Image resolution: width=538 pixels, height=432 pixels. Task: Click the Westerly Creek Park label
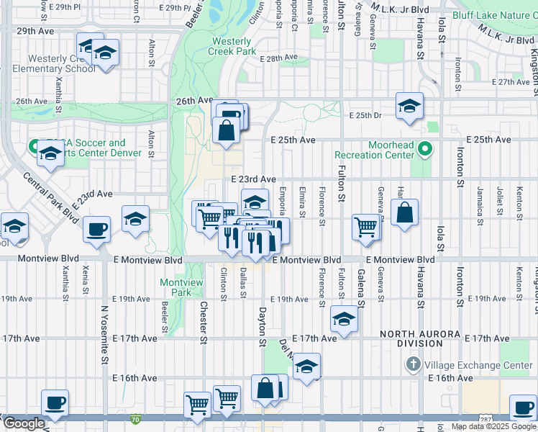coord(232,47)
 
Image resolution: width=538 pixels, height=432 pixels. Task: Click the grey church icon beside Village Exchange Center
coord(413,364)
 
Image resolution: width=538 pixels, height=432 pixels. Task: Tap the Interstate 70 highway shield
coord(136,418)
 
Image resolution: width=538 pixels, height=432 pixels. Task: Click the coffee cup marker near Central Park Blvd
coord(96,230)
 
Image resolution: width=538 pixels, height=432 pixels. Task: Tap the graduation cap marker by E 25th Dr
coord(409,106)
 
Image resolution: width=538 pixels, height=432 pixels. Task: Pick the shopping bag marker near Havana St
coord(405,212)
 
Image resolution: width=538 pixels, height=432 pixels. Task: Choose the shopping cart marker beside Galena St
coord(366,227)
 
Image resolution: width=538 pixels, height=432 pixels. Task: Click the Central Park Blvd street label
coord(50,197)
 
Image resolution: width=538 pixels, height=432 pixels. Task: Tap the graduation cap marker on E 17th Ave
coord(344,319)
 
